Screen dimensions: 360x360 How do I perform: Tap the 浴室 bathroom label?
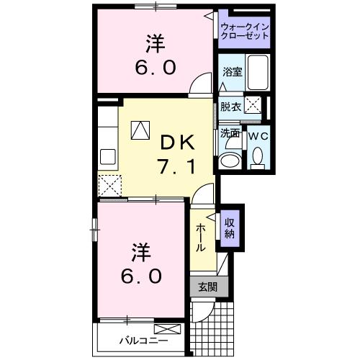coord(232,72)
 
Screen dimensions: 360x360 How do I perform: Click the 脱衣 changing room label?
coord(230,107)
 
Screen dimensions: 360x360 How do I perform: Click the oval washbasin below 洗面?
coord(230,159)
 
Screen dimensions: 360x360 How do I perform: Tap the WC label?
coord(258,135)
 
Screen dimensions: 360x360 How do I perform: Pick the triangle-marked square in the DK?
coord(140,130)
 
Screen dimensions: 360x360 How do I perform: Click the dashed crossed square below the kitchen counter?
coord(110,186)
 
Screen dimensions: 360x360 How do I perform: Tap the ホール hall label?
coord(201,237)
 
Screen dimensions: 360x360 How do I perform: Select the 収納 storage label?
coord(230,228)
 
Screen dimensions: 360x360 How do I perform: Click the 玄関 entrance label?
coord(207,287)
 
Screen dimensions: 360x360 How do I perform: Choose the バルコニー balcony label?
coord(143,339)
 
